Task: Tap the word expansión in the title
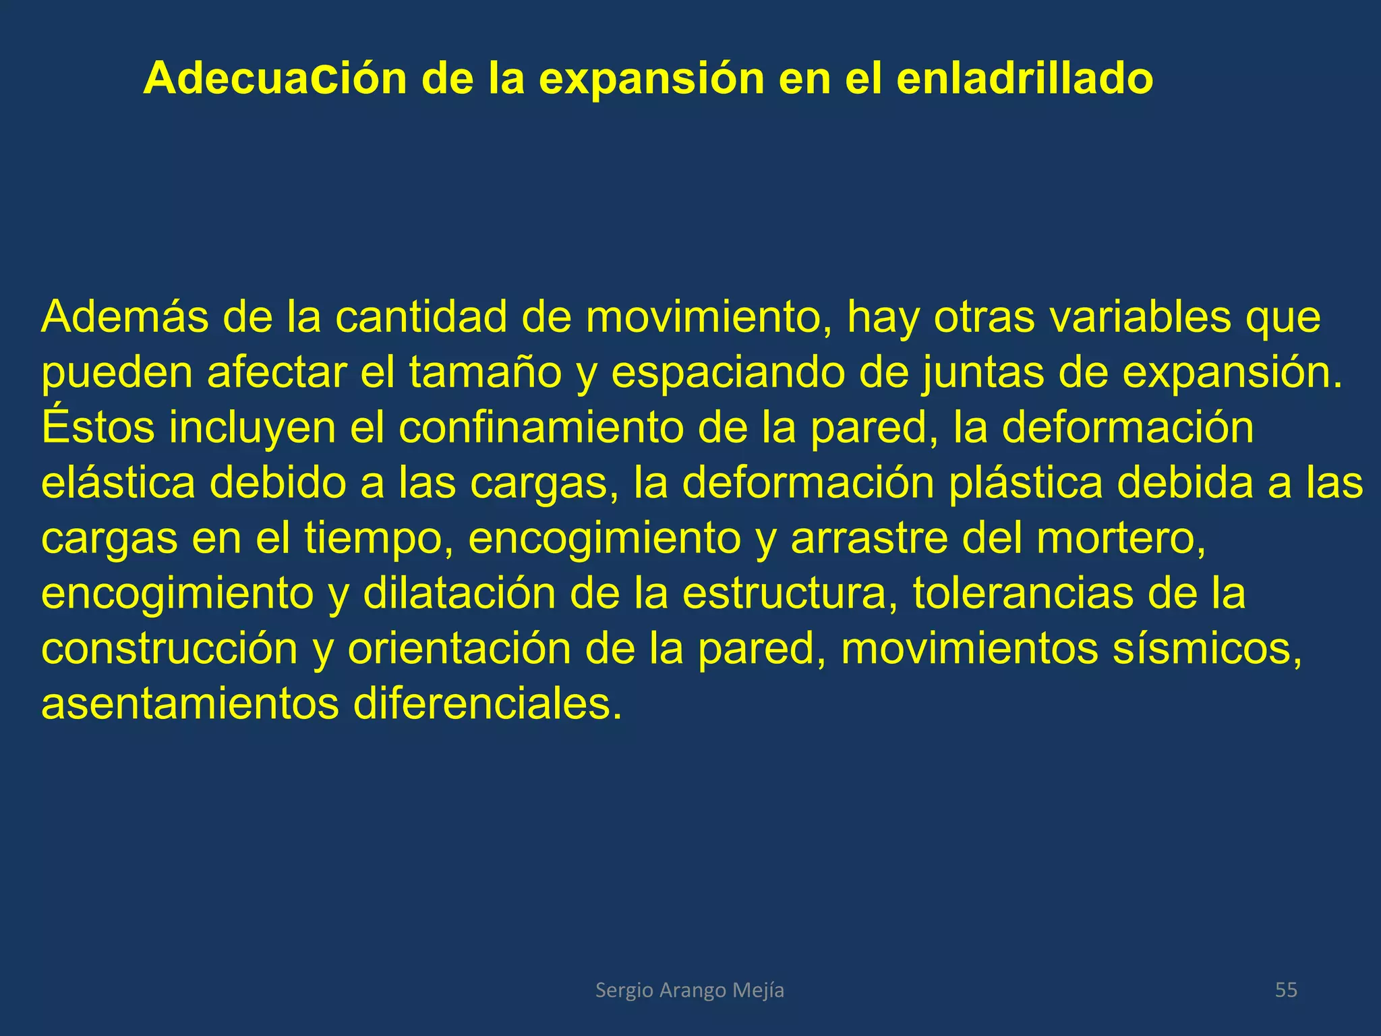click(651, 80)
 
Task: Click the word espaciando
click(728, 372)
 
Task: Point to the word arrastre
click(869, 538)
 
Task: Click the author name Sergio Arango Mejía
click(690, 990)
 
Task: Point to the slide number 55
click(1286, 990)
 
